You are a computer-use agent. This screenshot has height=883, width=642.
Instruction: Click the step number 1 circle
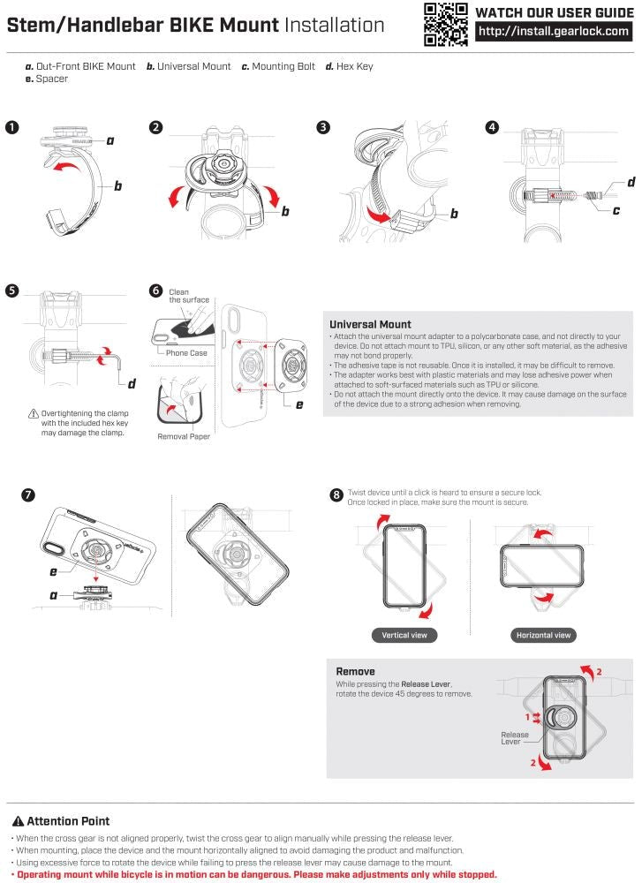(11, 127)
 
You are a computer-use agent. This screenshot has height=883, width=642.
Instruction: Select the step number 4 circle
(491, 127)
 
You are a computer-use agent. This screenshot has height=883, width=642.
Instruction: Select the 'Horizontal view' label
(543, 635)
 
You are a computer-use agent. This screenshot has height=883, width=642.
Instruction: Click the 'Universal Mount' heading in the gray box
(370, 324)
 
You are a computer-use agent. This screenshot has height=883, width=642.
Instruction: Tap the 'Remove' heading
(356, 671)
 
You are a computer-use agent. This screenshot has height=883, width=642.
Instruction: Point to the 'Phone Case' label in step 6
(185, 353)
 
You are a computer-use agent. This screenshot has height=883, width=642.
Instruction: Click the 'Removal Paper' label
(184, 436)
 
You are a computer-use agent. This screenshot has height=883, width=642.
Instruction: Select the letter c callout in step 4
(616, 210)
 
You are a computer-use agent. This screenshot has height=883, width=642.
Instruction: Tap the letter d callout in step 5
(132, 382)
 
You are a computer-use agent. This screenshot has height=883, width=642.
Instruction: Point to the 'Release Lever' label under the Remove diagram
(515, 738)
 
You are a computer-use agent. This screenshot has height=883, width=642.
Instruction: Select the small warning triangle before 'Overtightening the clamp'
(34, 413)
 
